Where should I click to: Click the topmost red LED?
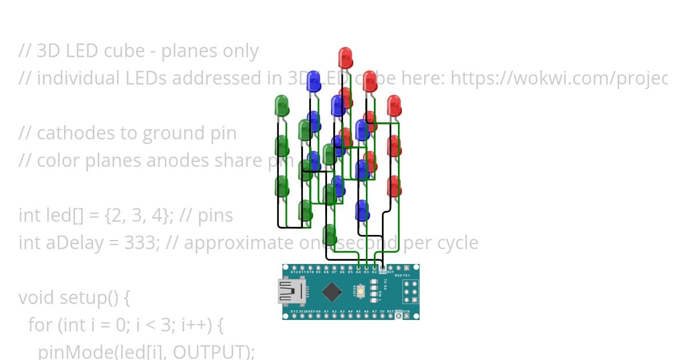pos(345,57)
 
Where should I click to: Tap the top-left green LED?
pos(281,105)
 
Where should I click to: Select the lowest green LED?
pos(329,234)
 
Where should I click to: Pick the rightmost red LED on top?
pos(394,105)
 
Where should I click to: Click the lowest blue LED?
pos(362,210)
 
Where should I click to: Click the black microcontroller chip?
pos(332,292)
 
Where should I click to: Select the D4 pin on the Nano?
pos(358,267)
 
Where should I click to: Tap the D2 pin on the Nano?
pos(374,267)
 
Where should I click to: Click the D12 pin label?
pos(294,272)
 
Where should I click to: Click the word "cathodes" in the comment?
pos(63,133)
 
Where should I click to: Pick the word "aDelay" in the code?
pos(66,243)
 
